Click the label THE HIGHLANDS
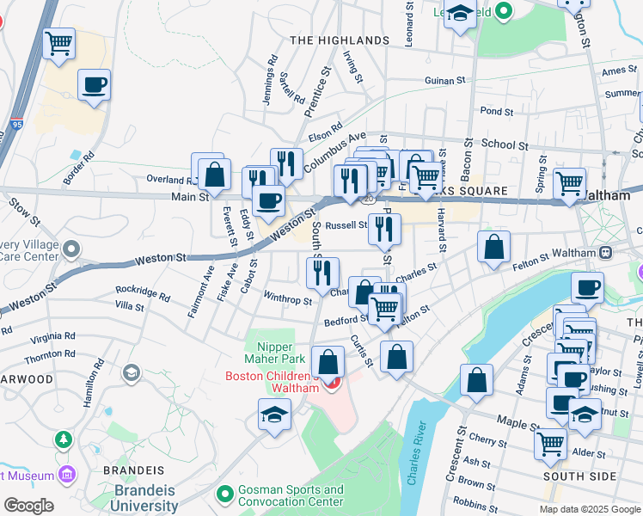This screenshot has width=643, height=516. (x=340, y=40)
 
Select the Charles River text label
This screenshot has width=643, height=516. (x=416, y=454)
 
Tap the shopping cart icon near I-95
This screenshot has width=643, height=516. (x=58, y=42)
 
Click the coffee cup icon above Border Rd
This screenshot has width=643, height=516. (x=94, y=84)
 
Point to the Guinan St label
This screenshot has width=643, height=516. (x=444, y=80)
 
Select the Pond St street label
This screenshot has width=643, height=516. (x=496, y=112)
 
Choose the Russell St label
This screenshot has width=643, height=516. (x=346, y=225)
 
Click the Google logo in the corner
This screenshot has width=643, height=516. (x=28, y=506)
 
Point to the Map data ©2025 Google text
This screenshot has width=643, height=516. (x=590, y=509)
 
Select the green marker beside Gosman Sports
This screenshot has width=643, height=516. (x=224, y=495)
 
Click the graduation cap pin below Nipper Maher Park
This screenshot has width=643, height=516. (x=275, y=415)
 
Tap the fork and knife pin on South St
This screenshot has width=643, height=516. (x=317, y=272)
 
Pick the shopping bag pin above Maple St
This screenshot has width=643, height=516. (x=476, y=380)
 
